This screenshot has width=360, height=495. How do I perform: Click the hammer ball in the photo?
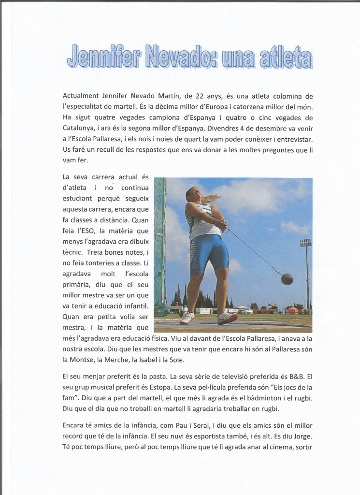[x=287, y=279]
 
